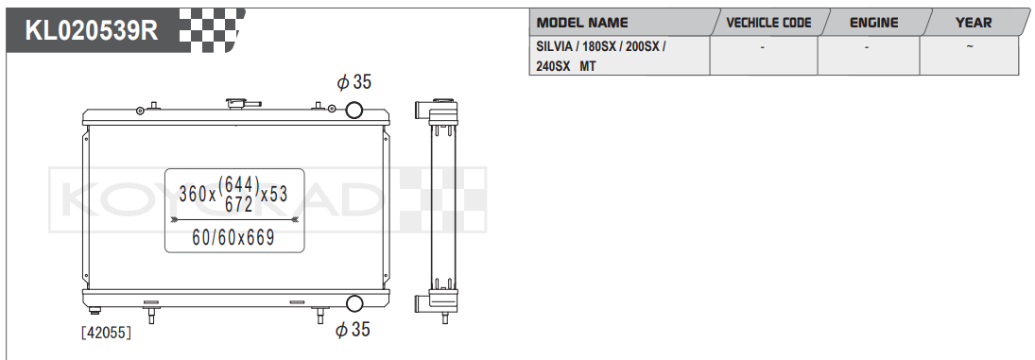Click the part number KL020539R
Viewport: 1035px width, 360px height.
[92, 30]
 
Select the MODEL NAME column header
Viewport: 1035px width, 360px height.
[582, 23]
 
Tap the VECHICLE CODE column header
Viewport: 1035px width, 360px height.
[768, 23]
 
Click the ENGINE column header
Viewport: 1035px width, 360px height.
[874, 23]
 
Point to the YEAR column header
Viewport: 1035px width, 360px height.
[974, 23]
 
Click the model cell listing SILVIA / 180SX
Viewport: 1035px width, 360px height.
[601, 56]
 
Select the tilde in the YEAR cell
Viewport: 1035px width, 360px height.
[969, 47]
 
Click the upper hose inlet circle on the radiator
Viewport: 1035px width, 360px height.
[354, 109]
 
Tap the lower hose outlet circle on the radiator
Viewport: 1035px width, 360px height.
[354, 303]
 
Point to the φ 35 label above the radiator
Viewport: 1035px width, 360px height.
[354, 82]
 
